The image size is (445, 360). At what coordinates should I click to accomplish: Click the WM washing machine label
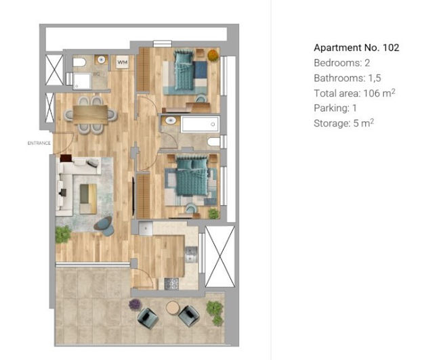click(123, 62)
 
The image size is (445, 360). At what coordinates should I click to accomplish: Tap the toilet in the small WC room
click(79, 64)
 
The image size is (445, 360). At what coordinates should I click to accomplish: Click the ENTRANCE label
click(39, 143)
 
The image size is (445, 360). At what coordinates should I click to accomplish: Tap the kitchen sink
click(190, 254)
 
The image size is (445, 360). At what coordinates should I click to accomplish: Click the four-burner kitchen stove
click(170, 284)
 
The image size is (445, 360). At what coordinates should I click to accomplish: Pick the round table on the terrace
click(171, 308)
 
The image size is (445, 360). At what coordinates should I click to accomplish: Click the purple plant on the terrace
click(135, 305)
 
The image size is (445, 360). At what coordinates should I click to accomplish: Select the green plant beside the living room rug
click(63, 234)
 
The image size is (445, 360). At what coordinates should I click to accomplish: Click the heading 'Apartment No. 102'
click(356, 47)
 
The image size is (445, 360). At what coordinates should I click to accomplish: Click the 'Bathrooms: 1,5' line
click(346, 78)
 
